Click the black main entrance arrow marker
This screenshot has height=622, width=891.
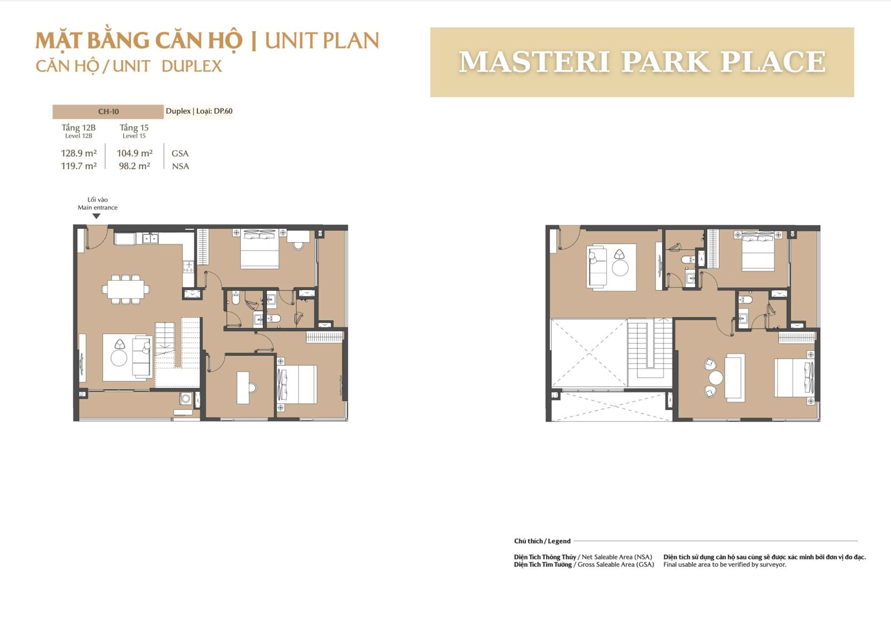(x=96, y=217)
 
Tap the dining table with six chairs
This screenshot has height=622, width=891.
(x=126, y=289)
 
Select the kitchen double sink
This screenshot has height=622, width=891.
(x=150, y=238)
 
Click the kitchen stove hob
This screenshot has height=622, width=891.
(x=188, y=267)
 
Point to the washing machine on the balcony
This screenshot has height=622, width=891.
(x=185, y=398)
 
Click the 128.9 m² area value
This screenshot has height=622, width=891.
(x=79, y=153)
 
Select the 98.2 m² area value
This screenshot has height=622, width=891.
(x=134, y=166)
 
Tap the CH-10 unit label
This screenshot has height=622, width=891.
(x=108, y=112)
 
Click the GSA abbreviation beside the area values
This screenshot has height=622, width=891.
(x=180, y=154)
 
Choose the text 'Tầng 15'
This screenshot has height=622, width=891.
(x=134, y=128)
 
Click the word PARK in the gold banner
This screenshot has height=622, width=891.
(x=666, y=62)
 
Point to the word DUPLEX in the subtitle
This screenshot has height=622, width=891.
(x=192, y=66)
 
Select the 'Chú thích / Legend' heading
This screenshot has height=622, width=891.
(x=542, y=541)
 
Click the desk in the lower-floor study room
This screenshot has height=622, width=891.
(x=243, y=388)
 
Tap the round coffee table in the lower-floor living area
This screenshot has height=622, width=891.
(x=119, y=358)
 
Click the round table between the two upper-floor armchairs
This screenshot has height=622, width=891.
(x=716, y=378)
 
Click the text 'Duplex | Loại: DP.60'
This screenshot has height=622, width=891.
(x=199, y=111)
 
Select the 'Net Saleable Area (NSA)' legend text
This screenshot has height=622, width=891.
(x=617, y=557)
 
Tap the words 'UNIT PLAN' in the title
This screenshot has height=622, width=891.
(x=322, y=41)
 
